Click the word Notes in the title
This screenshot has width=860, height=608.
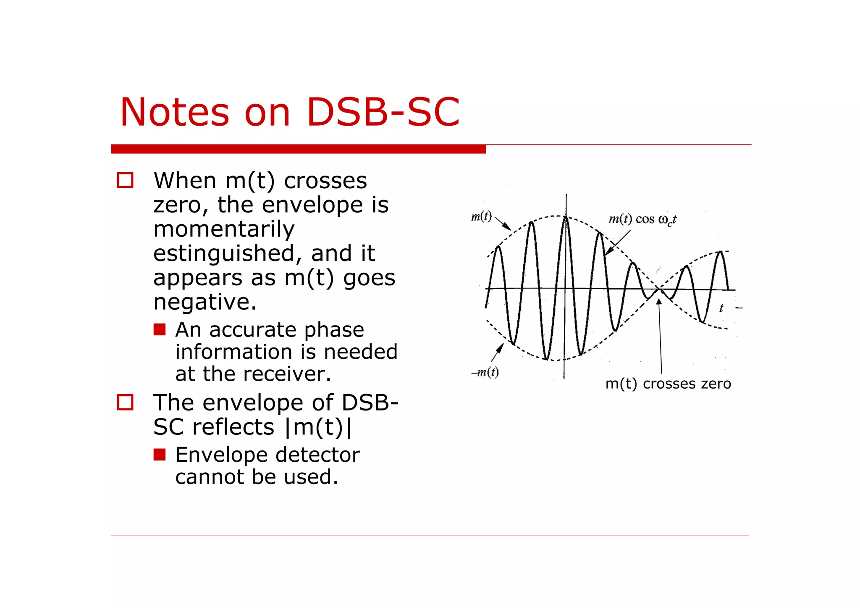174,112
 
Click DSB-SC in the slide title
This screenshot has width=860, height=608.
383,112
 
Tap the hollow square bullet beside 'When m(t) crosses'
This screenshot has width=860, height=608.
125,180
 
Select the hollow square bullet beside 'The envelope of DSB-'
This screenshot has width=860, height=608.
125,402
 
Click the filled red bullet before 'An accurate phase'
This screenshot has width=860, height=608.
160,329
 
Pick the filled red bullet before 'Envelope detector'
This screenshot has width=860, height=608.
160,454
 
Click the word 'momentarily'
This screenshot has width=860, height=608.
224,229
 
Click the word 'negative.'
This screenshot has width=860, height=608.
205,302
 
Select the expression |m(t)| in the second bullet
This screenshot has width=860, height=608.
318,427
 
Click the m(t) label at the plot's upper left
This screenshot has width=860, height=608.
481,216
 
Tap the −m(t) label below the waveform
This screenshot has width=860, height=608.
485,372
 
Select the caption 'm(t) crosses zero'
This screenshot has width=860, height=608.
668,384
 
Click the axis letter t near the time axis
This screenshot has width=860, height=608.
721,308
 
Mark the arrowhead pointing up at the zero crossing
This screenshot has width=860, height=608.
659,301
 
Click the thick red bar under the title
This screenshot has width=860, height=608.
298,149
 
